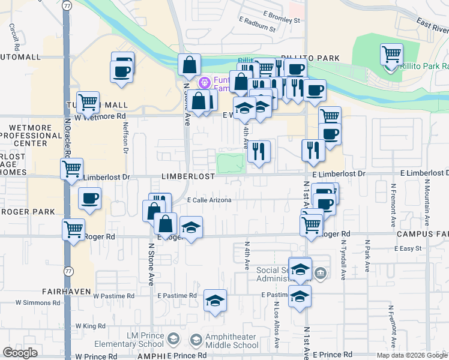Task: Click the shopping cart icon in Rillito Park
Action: (391, 55)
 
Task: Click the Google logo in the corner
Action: (20, 353)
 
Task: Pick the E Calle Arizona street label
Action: (209, 200)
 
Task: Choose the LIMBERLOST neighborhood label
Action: (187, 177)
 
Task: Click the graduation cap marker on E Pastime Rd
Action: (215, 301)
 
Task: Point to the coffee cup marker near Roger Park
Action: (89, 198)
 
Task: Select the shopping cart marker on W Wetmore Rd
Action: (88, 102)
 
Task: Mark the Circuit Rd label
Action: (13, 37)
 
